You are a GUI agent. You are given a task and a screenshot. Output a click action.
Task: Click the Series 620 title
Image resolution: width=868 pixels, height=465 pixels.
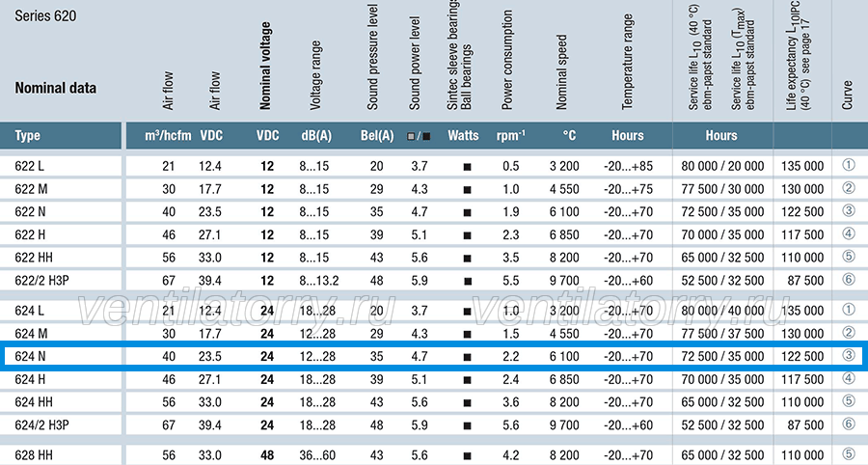coord(45,15)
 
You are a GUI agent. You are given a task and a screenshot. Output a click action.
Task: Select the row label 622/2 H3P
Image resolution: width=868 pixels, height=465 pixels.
coord(42,281)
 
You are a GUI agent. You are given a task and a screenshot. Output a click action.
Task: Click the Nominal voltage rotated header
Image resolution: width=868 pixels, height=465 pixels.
coord(266,66)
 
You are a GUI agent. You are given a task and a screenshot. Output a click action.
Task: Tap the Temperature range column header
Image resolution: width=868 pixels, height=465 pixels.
coord(627,62)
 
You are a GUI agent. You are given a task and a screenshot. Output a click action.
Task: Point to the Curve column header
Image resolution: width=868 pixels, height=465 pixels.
coord(847,95)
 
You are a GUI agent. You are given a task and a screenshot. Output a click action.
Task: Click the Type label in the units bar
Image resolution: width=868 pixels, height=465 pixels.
coord(28,136)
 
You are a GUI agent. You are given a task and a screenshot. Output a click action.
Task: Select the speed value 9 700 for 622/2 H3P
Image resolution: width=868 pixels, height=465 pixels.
coord(564,281)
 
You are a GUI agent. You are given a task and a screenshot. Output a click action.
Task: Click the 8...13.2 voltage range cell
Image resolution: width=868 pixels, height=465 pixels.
coord(319,281)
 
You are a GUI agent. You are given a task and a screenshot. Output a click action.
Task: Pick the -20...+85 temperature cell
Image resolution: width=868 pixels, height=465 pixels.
coord(628,166)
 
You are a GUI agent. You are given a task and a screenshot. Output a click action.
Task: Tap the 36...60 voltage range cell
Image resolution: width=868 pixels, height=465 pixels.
coord(317,455)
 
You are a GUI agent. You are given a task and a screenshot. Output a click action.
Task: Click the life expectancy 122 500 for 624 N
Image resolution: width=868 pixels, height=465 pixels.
coord(802,357)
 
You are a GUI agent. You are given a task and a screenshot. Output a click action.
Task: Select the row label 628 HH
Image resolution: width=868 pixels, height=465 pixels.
coord(34,455)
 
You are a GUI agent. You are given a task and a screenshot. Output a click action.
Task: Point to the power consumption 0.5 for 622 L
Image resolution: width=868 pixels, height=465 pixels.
coord(511,166)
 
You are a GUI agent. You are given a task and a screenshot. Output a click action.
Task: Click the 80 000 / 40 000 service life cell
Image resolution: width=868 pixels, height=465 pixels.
coord(722,311)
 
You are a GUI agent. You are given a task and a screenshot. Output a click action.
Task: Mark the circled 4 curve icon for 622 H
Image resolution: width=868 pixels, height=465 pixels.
coord(849,233)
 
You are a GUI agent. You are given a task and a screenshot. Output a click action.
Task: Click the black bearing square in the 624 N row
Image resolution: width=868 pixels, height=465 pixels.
coord(467,357)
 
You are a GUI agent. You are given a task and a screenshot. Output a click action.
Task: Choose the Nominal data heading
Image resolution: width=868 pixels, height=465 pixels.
coord(55,88)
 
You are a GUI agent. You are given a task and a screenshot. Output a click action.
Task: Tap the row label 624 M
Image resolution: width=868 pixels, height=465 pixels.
coord(31,334)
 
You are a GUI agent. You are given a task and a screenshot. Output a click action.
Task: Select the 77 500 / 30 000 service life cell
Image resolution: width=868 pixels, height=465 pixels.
coord(722,189)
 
